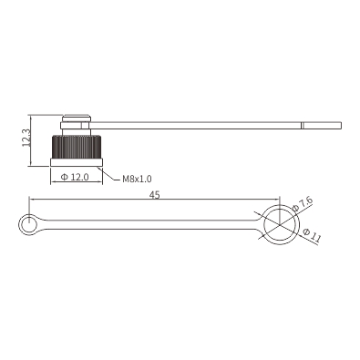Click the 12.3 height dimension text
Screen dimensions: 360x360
click(26, 139)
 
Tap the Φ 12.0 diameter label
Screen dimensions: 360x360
click(75, 177)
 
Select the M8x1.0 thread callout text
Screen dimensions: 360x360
click(137, 179)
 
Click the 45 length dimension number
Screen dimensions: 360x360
click(154, 195)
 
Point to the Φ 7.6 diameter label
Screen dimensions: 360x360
click(303, 204)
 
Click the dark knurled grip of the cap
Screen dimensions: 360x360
click(77, 148)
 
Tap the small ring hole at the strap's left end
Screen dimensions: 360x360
click(29, 224)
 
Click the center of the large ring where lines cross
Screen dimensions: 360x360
click(279, 224)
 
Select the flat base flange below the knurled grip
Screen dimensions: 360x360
click(77, 162)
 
